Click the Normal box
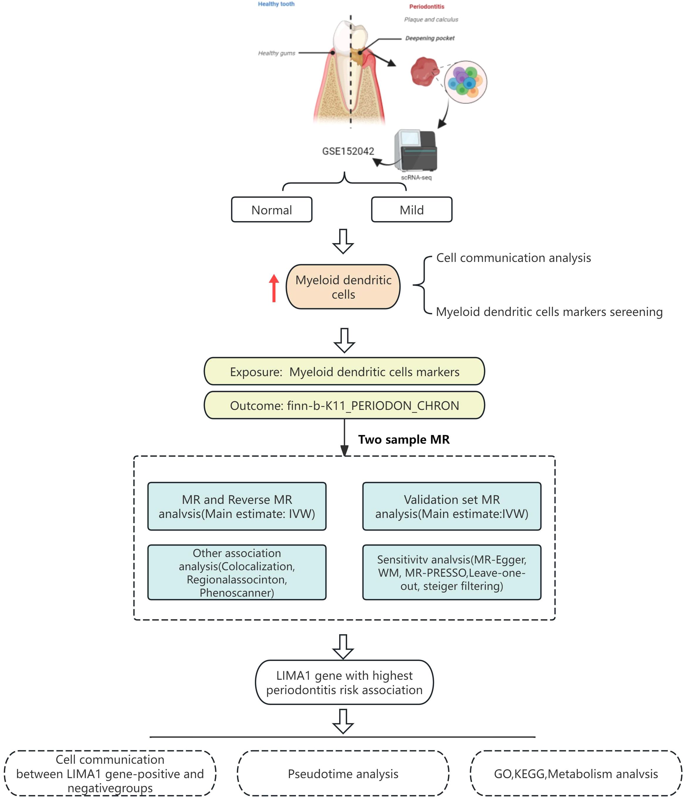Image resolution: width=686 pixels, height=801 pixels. click(x=271, y=210)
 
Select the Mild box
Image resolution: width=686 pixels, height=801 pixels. click(x=411, y=210)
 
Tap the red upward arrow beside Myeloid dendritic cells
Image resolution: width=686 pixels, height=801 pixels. click(x=274, y=288)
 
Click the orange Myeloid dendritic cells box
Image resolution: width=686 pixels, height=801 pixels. click(x=343, y=287)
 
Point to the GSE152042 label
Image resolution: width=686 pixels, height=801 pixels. click(x=348, y=151)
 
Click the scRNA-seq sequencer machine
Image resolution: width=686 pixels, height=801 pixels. click(x=416, y=151)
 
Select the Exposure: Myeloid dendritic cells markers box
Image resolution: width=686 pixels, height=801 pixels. click(x=344, y=371)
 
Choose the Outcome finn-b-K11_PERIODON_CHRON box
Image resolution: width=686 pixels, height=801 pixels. click(x=344, y=405)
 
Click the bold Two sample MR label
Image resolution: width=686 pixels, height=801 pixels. click(x=404, y=440)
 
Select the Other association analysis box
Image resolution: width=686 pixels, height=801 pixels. click(x=237, y=573)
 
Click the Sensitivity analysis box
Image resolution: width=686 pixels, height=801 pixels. click(x=452, y=573)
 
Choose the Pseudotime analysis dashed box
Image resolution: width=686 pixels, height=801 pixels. click(x=343, y=774)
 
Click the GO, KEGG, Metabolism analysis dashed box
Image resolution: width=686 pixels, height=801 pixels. click(x=576, y=774)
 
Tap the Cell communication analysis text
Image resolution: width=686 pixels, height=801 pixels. click(x=514, y=258)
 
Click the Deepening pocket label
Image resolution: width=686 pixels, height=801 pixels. click(x=430, y=38)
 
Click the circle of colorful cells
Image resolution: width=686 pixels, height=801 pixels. click(x=465, y=82)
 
